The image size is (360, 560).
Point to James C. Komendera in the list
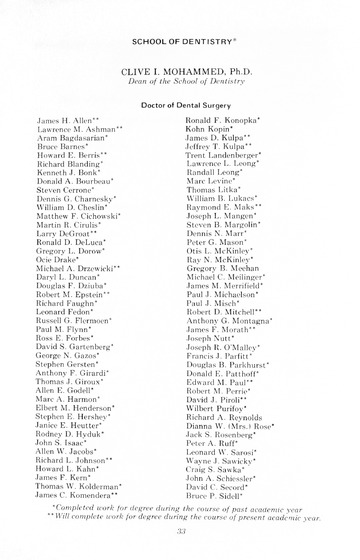80,496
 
